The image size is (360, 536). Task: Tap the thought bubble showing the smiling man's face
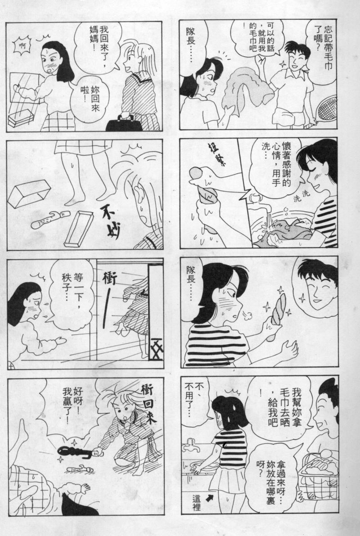tap(315, 285)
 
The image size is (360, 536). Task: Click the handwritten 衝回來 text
tap(148, 403)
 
